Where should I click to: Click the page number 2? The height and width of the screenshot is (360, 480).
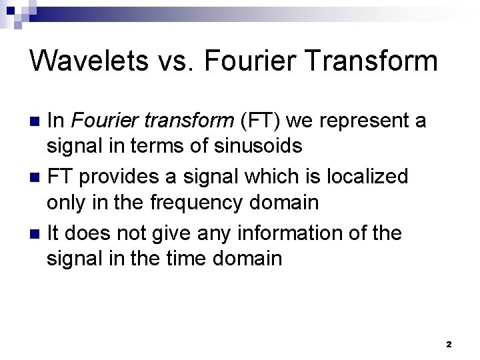pyautogui.click(x=449, y=345)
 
